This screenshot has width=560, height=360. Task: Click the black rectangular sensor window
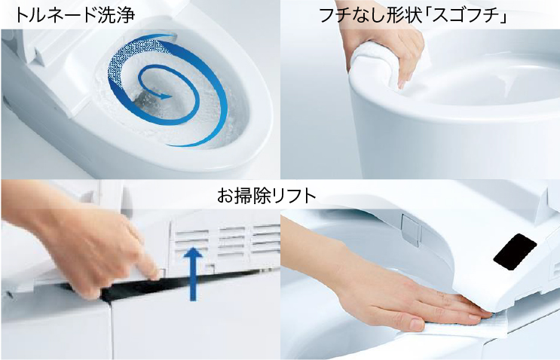coord(515,249)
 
